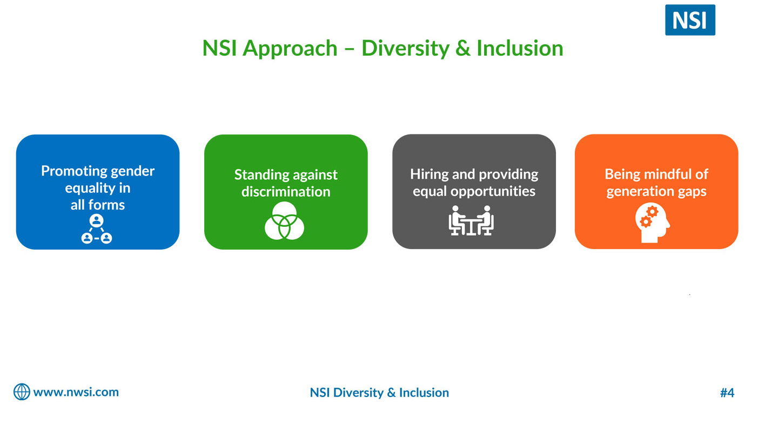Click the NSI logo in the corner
tap(690, 20)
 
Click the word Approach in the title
tap(290, 49)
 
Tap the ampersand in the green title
tap(462, 48)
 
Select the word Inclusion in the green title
tap(520, 48)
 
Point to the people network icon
tap(97, 229)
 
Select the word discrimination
tap(286, 192)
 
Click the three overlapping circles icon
tap(284, 220)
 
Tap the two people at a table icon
tap(471, 220)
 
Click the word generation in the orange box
tap(630, 192)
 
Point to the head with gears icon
tap(653, 223)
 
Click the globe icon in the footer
tap(22, 392)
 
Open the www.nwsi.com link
tap(76, 392)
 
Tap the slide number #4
tap(727, 393)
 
